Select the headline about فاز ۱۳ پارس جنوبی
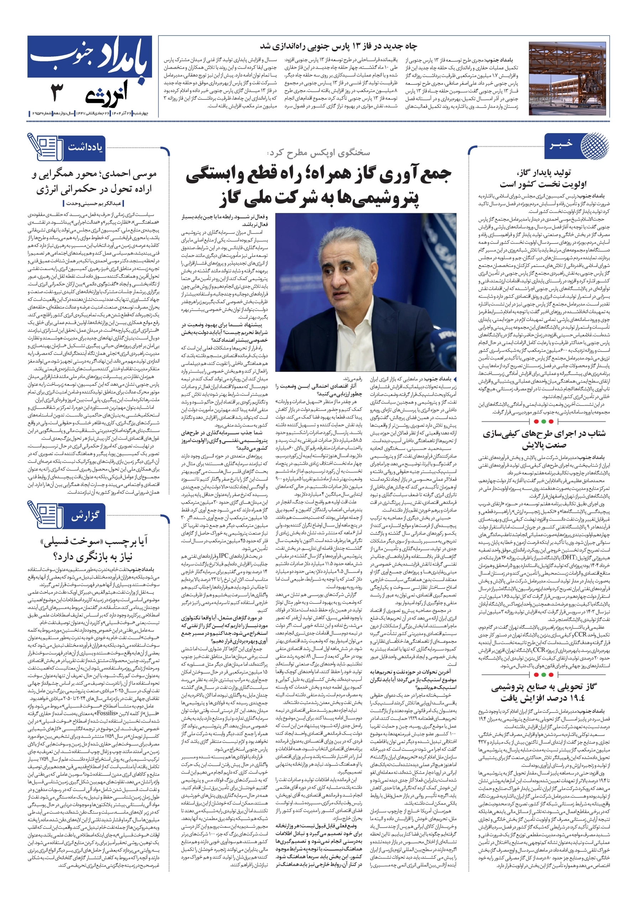338,46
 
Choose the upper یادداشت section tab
85,147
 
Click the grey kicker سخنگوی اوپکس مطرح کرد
318,153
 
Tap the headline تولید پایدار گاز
543,178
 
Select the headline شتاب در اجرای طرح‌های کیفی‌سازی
544,439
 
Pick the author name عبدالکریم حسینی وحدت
94,204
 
